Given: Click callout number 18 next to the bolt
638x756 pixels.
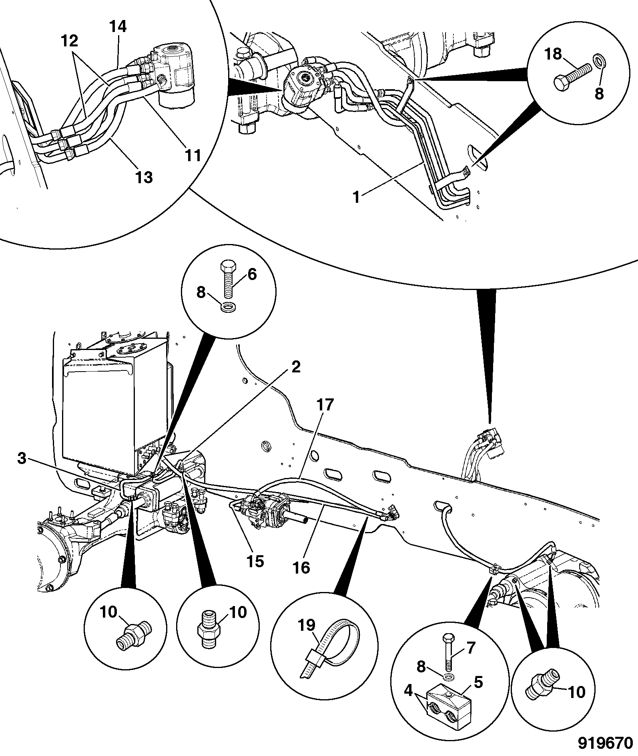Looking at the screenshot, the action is click(x=554, y=54).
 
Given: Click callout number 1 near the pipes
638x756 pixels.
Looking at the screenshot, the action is click(x=356, y=197).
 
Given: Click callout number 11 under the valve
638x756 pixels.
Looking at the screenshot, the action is click(x=193, y=155).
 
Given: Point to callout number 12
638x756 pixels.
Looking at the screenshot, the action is click(x=70, y=41).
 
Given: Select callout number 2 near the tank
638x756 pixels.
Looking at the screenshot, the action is click(x=296, y=367).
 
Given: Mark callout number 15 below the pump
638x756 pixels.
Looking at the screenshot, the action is click(x=255, y=561).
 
